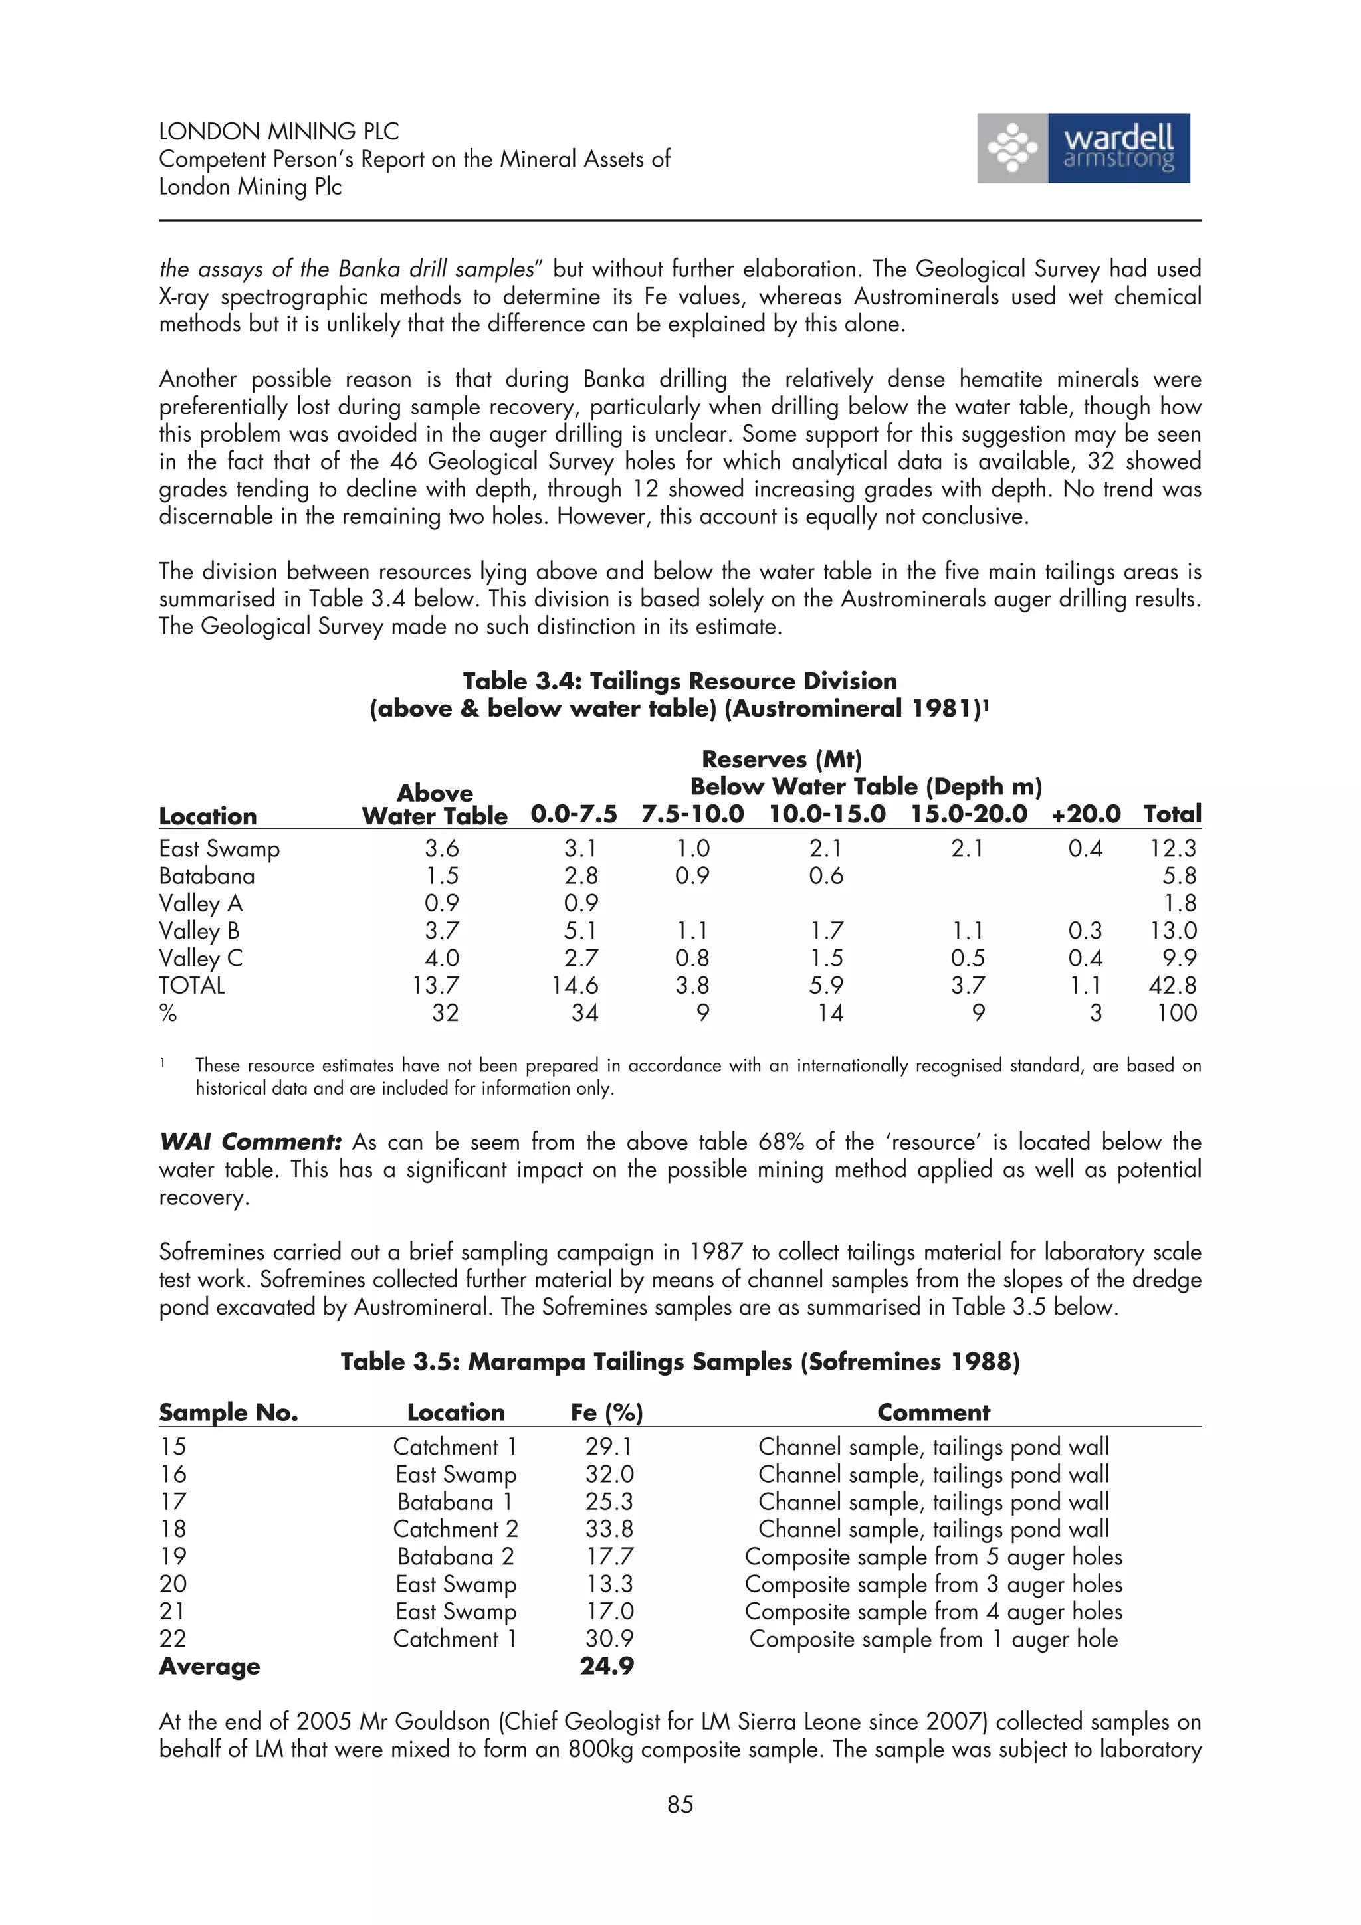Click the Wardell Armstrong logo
[1083, 148]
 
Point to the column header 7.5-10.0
[692, 814]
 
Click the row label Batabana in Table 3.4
[206, 876]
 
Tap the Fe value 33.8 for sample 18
[609, 1528]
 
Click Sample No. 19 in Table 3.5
[173, 1556]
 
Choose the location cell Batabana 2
[455, 1556]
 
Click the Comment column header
[933, 1412]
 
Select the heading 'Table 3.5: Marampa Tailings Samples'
[679, 1362]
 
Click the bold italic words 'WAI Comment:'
[250, 1142]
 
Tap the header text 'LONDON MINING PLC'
[278, 132]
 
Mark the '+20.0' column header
[1085, 814]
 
